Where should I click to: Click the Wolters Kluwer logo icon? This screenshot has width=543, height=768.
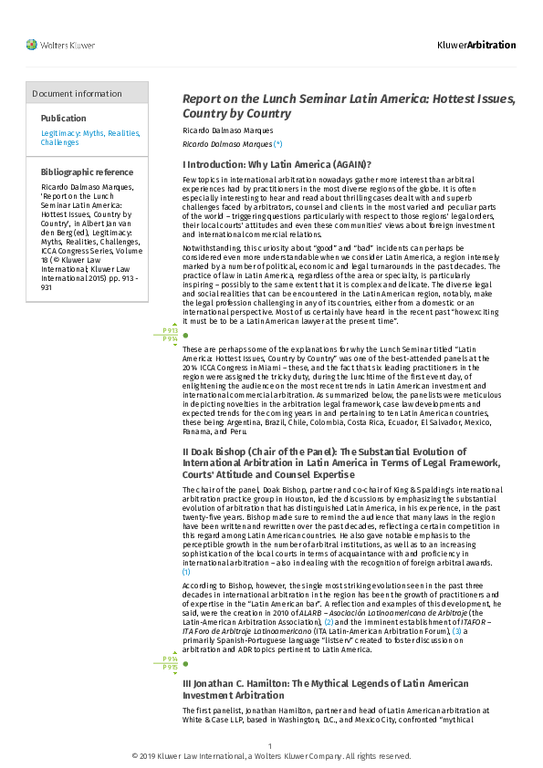pos(31,45)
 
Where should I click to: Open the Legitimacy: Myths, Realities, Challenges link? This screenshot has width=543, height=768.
pos(90,138)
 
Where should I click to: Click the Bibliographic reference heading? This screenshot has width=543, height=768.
pos(87,172)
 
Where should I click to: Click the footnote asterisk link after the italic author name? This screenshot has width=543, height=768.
pos(278,144)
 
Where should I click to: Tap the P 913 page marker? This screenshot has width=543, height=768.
pos(170,330)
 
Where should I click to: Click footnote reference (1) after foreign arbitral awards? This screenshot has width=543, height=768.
pos(187,572)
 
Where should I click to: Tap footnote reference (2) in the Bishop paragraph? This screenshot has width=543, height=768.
pos(329,620)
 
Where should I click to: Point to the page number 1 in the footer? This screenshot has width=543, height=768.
pos(270,747)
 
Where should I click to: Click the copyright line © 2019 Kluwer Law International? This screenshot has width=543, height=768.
pos(271,756)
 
